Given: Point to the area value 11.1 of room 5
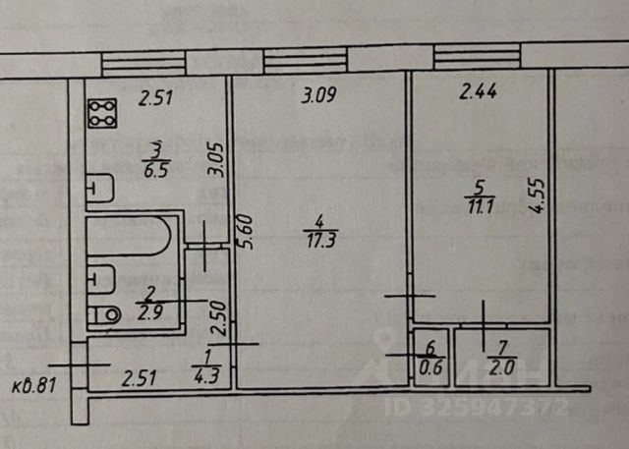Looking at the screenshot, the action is [x=480, y=203].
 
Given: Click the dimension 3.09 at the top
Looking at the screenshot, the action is [x=317, y=96].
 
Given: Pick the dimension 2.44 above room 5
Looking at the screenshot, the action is [x=479, y=94].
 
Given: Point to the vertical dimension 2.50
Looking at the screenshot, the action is [x=221, y=317].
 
